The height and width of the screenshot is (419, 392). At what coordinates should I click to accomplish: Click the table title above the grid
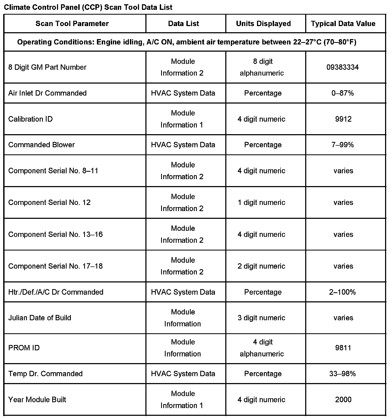(88, 7)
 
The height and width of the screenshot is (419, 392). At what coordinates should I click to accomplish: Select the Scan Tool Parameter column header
(72, 23)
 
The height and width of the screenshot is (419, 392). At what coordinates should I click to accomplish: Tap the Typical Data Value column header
(343, 23)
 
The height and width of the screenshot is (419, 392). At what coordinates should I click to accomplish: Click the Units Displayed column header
(263, 23)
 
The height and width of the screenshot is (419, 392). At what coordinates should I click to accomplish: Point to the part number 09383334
(342, 67)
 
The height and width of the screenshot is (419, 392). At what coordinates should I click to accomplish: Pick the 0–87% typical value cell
(343, 93)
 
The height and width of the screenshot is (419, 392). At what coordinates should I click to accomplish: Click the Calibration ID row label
(30, 119)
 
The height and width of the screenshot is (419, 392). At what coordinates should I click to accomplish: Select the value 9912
(343, 119)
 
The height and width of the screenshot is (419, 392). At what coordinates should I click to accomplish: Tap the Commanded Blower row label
(42, 145)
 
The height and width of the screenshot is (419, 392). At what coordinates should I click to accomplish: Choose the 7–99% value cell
(343, 145)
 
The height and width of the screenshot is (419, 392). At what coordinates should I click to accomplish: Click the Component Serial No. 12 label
(49, 202)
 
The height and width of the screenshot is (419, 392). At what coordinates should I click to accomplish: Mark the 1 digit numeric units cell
(261, 202)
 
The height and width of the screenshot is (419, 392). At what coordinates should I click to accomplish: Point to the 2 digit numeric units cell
(261, 266)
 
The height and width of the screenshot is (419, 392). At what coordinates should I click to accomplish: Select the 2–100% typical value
(342, 292)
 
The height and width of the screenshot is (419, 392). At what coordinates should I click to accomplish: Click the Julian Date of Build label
(40, 318)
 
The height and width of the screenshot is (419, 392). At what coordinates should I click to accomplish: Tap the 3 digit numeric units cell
(261, 318)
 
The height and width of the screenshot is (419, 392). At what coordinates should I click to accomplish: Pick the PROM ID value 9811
(343, 348)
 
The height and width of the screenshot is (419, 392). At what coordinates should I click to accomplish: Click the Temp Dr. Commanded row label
(46, 373)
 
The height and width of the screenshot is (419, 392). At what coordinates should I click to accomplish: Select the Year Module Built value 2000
(343, 399)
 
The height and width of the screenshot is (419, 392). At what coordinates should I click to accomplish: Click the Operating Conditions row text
(187, 42)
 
